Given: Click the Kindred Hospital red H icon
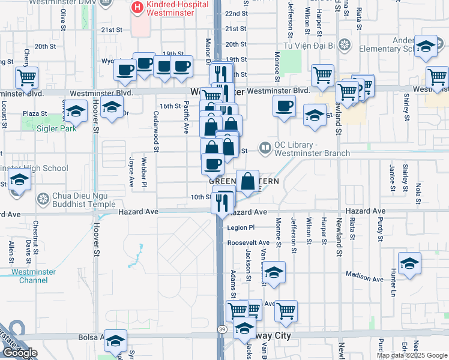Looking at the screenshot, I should [137, 8].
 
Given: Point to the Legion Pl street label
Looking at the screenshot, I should [241, 228].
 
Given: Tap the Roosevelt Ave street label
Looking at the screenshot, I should [249, 242].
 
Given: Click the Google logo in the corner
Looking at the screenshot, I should [20, 353].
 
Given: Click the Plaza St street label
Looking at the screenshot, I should [35, 113].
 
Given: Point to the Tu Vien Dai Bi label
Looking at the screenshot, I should [310, 44].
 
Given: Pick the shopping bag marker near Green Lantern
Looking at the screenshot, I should [247, 180].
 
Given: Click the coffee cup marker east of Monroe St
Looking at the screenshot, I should [284, 106].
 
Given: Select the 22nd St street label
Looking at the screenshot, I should [236, 13].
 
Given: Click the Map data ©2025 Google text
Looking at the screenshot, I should [412, 355].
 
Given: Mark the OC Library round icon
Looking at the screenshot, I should [265, 146].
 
